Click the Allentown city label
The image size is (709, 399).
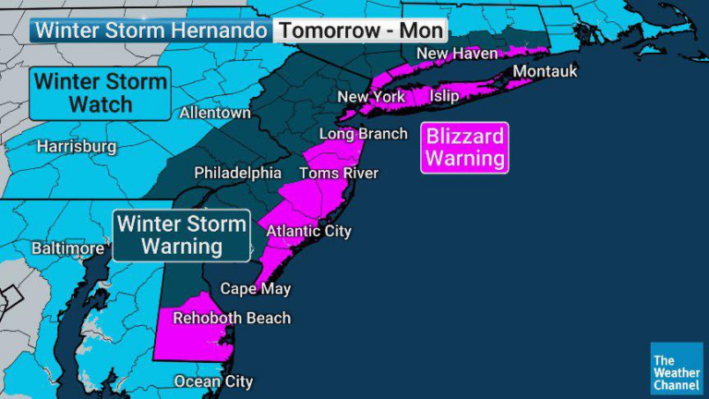215,113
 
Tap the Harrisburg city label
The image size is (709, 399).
77,147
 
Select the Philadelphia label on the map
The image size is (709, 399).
237,174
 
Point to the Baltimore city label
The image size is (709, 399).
67,248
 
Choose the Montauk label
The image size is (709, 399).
545,72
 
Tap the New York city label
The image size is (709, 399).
371,97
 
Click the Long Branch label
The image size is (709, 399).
363,134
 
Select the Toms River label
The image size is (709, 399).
338,174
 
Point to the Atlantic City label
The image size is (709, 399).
308,231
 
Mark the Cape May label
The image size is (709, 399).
255,289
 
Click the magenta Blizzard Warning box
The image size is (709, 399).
464,148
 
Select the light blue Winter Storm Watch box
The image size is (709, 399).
102,93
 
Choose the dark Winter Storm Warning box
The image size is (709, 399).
182,235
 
